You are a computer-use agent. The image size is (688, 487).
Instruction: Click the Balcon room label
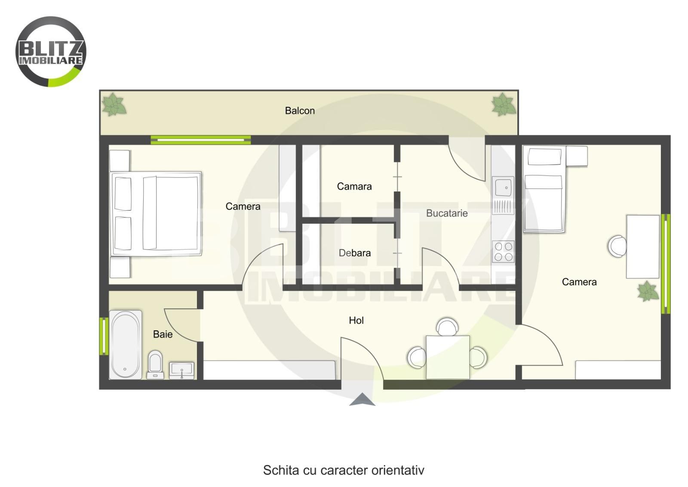300,111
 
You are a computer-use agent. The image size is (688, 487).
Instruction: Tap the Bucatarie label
447,213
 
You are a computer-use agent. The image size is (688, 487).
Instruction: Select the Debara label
355,253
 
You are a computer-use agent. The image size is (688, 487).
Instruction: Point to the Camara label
354,186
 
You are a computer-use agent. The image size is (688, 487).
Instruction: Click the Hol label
356,321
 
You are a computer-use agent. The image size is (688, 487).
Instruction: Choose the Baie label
163,334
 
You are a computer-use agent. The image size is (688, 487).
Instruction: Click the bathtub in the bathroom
126,345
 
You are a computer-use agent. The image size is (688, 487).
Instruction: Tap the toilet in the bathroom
155,365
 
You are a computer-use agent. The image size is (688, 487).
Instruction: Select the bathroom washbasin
182,370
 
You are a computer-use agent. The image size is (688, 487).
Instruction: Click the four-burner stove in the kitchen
504,251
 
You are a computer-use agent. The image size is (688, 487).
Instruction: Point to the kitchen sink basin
503,187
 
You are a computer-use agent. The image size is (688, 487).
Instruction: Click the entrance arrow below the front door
362,399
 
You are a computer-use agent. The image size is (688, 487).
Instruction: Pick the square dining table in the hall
448,358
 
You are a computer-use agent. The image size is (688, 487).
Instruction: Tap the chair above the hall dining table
448,327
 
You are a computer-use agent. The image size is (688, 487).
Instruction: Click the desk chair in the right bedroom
617,246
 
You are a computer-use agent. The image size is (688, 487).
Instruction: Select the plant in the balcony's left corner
114,105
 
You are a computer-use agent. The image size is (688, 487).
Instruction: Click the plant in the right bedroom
648,291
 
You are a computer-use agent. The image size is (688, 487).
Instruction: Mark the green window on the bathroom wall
104,336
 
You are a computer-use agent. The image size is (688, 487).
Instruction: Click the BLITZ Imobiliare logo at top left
51,52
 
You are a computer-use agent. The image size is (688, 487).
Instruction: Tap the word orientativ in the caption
398,470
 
